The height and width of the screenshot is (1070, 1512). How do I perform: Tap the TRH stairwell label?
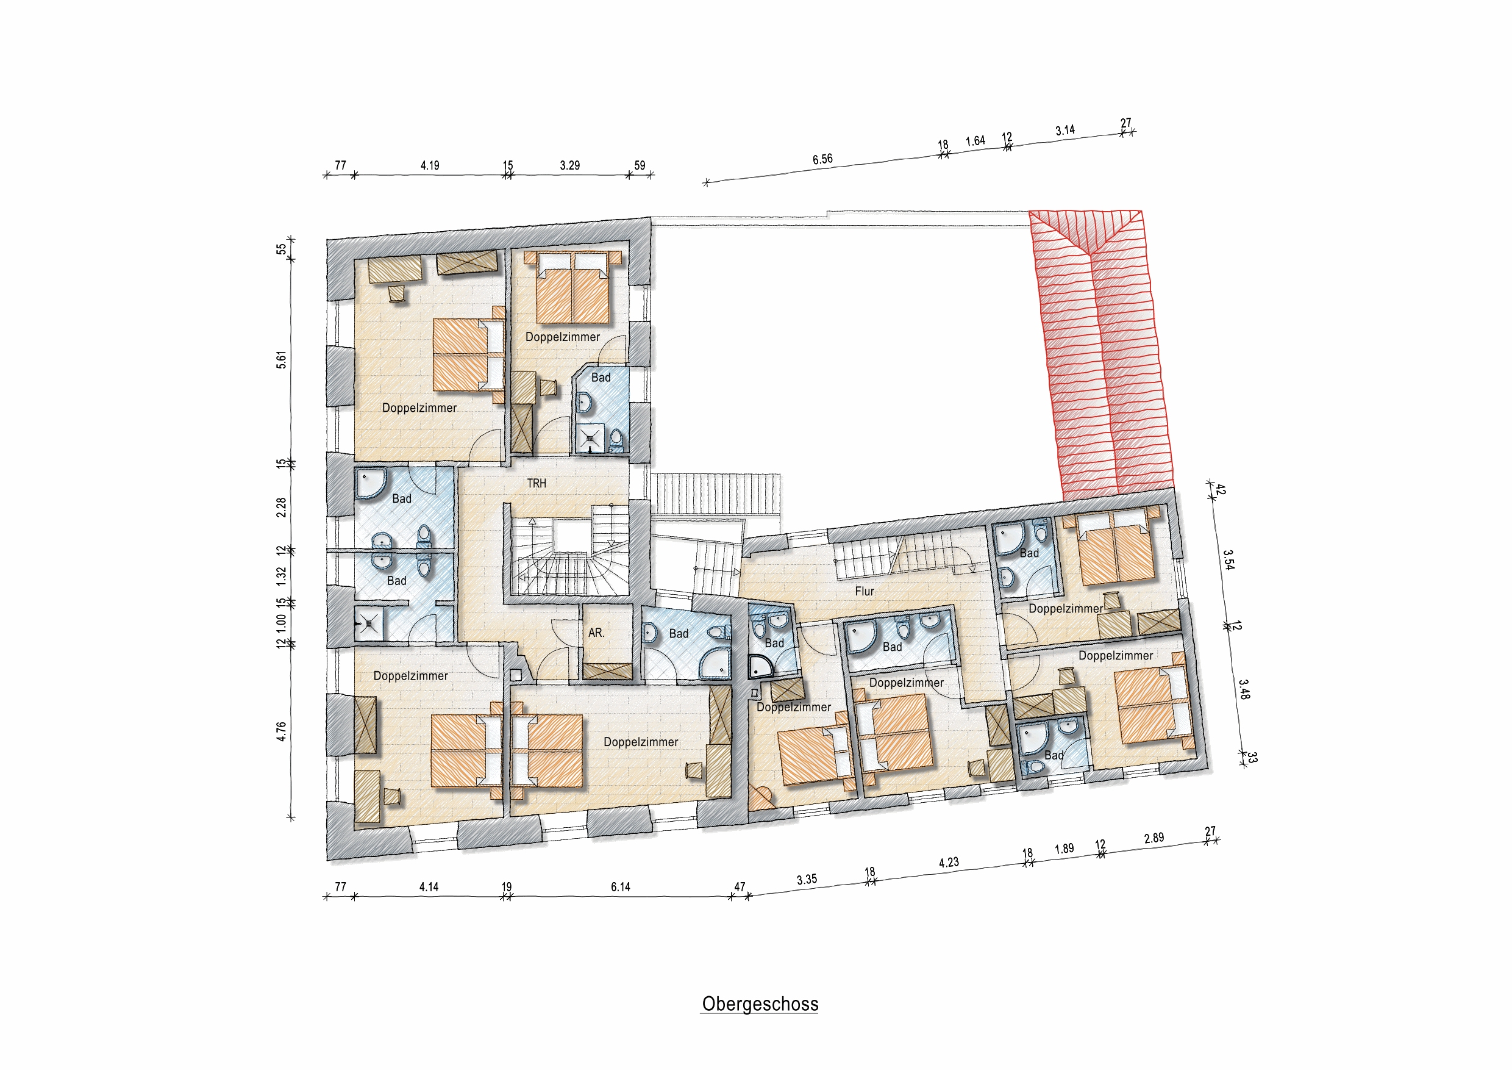tap(537, 483)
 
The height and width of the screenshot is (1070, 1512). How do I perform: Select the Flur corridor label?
tap(865, 591)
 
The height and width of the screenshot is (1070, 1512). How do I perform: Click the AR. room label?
tap(596, 633)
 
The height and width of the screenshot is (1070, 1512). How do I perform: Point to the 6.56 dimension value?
tap(822, 159)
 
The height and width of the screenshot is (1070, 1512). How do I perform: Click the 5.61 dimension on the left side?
tap(281, 360)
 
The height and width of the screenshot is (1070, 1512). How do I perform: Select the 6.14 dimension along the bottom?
tap(620, 887)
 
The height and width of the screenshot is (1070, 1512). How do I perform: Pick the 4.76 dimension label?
tap(281, 731)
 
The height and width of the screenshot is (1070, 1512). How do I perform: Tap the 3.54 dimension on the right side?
tap(1228, 559)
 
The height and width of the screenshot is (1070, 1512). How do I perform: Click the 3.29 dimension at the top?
tap(569, 165)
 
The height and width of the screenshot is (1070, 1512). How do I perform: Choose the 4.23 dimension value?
tap(949, 862)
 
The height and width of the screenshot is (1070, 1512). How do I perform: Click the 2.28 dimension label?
tap(281, 508)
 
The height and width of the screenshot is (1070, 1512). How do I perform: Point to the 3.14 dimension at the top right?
tap(1065, 130)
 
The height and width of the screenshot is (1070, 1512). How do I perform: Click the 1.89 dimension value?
tap(1064, 849)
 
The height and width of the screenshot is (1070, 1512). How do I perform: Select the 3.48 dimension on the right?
tap(1244, 689)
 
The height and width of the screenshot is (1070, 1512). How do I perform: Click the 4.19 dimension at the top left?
tap(430, 165)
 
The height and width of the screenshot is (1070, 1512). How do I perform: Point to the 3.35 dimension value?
tap(807, 880)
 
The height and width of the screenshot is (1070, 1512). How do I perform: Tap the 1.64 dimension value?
tap(975, 140)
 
